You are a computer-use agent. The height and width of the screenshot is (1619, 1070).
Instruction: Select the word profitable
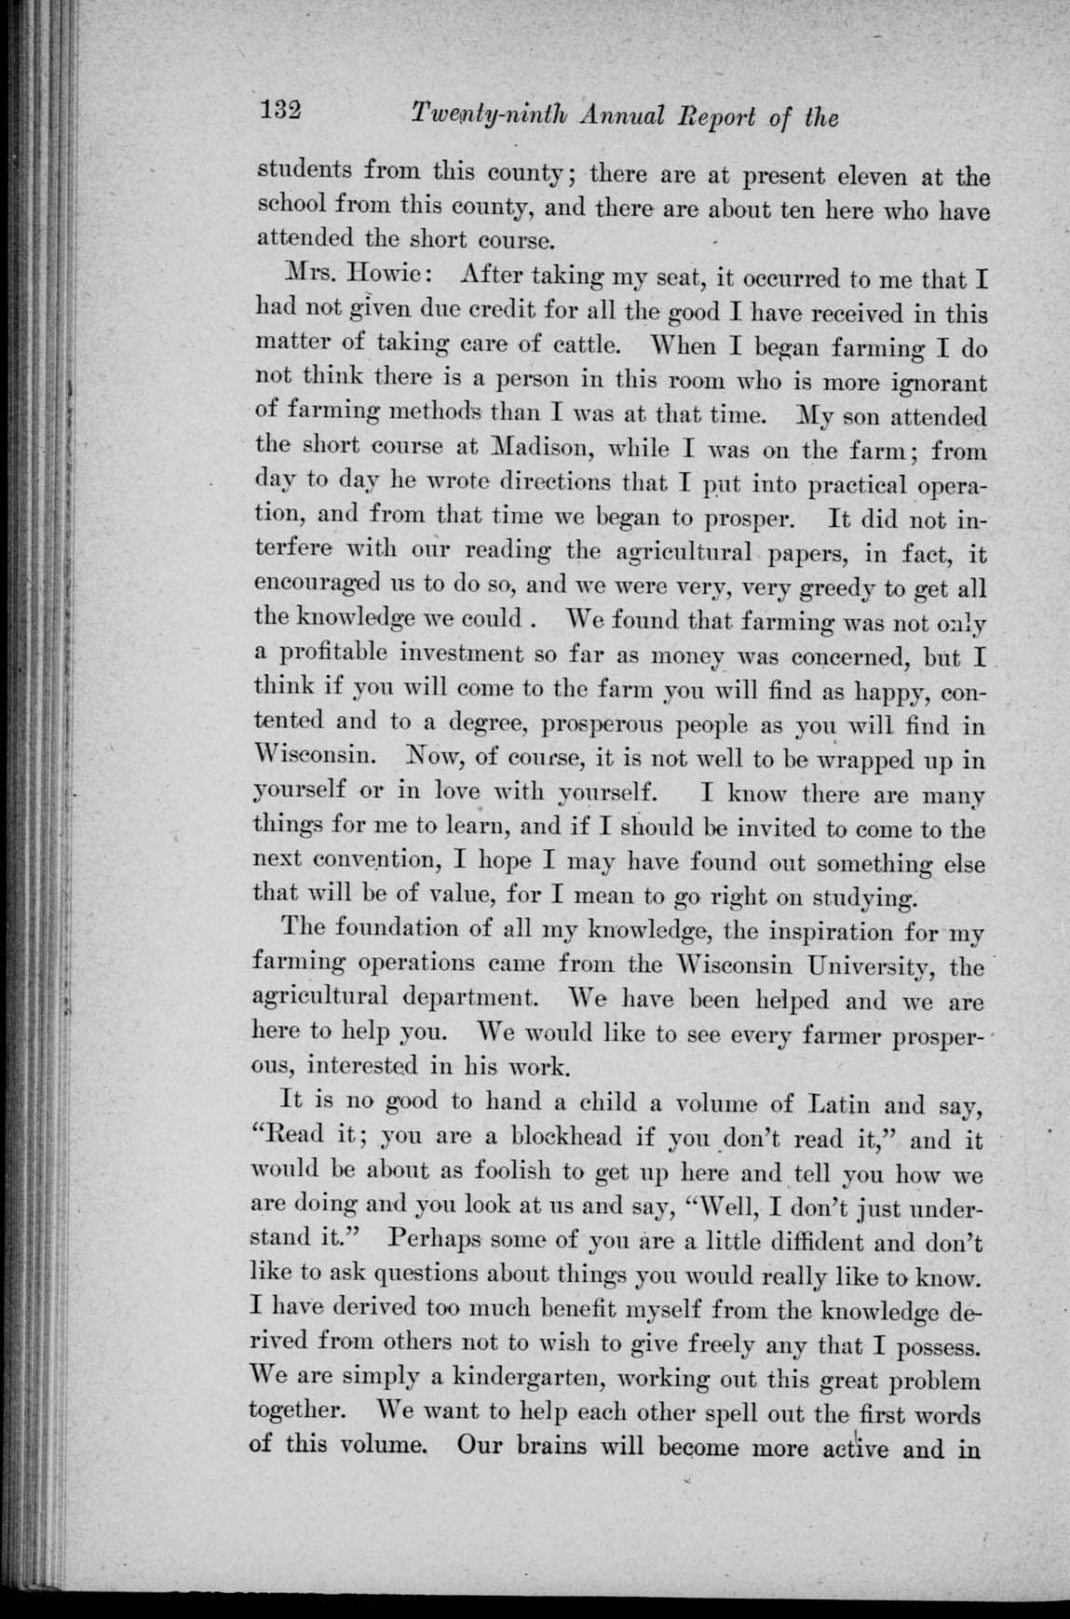(330, 655)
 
